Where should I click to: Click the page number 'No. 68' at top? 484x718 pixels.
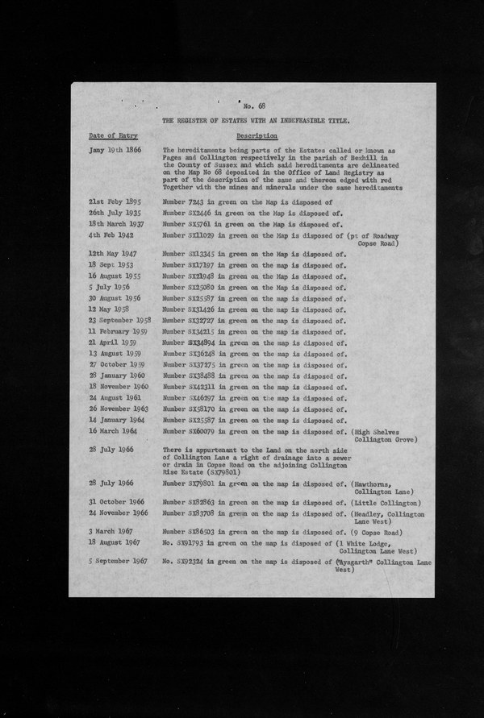(253, 107)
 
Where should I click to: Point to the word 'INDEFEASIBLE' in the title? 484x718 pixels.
(310, 119)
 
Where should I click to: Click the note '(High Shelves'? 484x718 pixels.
(378, 431)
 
